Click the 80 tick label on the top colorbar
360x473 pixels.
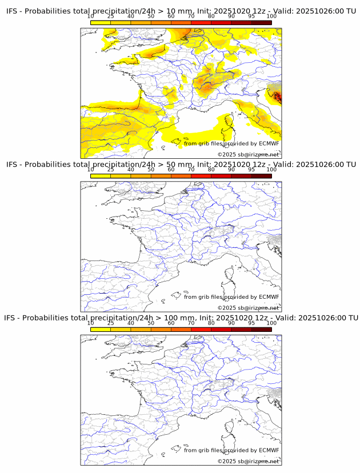coord(211,16)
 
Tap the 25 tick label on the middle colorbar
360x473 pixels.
coord(111,170)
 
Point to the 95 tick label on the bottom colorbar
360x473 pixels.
coord(251,323)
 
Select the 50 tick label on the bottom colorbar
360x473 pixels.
coord(151,323)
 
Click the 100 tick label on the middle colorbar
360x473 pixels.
coord(271,170)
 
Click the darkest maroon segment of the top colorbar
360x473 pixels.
coord(261,22)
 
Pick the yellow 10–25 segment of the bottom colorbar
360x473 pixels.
coord(101,329)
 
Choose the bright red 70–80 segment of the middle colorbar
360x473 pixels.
coord(201,176)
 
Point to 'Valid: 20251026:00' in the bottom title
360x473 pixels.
coord(305,318)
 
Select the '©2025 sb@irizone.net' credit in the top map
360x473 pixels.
coord(248,154)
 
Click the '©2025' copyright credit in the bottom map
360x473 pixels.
coord(227,461)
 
